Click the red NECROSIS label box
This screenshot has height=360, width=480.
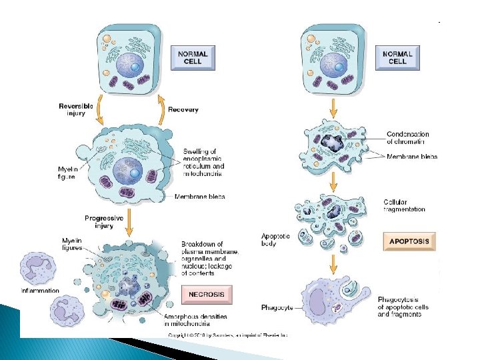point(206,294)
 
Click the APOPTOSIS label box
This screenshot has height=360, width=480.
point(410,241)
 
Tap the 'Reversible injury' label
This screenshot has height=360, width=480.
point(75,109)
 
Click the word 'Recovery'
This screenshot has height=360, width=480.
point(183,109)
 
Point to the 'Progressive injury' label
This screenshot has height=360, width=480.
point(103,223)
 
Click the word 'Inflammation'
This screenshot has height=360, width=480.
point(40,291)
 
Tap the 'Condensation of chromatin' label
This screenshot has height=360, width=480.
point(407,138)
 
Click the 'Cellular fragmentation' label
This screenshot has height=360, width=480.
point(404,206)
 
